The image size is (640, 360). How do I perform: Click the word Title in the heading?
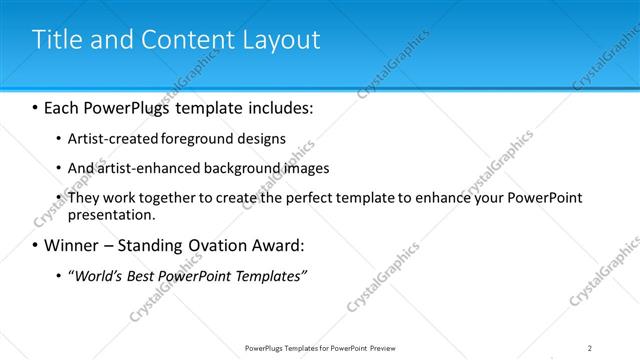(x=56, y=39)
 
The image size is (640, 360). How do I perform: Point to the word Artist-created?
(x=106, y=138)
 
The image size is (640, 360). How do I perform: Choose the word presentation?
(x=110, y=214)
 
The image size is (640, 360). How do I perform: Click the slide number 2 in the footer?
(x=590, y=348)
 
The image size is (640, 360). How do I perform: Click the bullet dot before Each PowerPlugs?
(x=35, y=107)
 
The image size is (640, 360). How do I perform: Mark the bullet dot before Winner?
(x=35, y=246)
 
